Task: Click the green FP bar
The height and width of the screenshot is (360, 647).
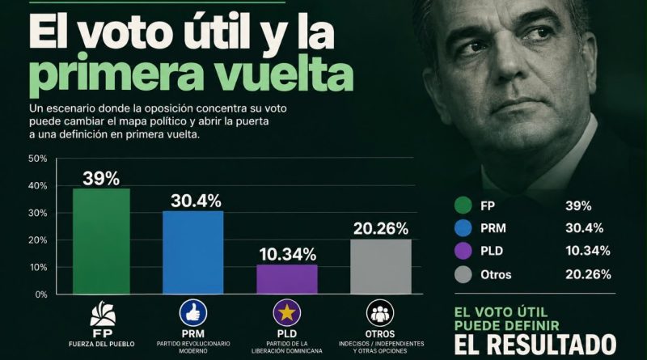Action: [101, 242]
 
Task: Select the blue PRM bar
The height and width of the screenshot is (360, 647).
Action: [193, 252]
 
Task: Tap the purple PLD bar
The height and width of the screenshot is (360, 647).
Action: [287, 279]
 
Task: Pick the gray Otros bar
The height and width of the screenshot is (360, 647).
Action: [381, 267]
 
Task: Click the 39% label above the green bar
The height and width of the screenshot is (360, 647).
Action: [101, 178]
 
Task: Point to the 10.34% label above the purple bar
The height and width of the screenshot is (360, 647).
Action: [288, 254]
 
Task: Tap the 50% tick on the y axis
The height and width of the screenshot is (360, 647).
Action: [37, 159]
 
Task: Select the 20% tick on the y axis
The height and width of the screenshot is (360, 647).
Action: [37, 240]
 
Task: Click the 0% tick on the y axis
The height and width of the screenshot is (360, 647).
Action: [41, 294]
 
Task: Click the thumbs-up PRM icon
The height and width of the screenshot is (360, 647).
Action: [193, 313]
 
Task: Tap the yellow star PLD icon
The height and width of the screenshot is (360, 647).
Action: [287, 313]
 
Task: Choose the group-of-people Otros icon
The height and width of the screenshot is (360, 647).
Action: [380, 313]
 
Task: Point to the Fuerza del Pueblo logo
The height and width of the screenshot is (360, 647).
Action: [103, 314]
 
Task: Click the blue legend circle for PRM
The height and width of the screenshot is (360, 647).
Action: [463, 228]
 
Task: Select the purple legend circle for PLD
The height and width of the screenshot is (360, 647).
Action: [463, 251]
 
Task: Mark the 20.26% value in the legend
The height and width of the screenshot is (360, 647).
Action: [588, 274]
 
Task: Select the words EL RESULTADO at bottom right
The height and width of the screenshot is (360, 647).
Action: [535, 344]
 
